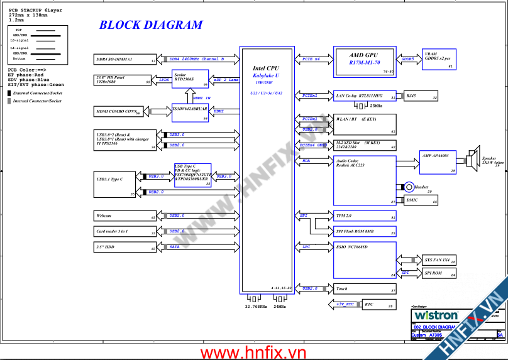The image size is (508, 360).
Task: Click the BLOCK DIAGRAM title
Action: pyautogui.click(x=151, y=25)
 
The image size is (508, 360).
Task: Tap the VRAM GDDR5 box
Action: pyautogui.click(x=438, y=60)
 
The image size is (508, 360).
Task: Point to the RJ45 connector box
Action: pyautogui.click(x=420, y=96)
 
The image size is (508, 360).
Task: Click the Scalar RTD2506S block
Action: pyautogui.click(x=190, y=79)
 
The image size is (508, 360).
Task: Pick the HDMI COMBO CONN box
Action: pyautogui.click(x=118, y=112)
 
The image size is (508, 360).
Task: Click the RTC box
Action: pyautogui.click(x=378, y=305)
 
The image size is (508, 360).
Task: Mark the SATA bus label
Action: pyautogui.click(x=175, y=248)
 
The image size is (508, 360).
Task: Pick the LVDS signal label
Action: pyautogui.click(x=164, y=80)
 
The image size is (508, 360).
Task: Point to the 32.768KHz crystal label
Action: pyautogui.click(x=255, y=307)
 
